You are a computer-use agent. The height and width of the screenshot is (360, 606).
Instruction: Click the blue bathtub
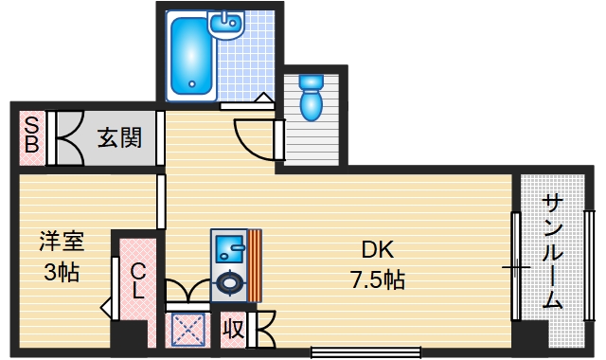pos(191,54)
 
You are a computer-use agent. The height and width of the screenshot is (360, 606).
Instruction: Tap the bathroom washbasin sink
pos(227,24)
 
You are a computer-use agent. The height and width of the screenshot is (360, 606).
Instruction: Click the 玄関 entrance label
pos(119,138)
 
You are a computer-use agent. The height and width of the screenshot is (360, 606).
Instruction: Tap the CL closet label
pos(137,279)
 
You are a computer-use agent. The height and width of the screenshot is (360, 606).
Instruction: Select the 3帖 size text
pos(62,274)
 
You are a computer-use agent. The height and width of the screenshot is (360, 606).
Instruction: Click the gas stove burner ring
pos(229,281)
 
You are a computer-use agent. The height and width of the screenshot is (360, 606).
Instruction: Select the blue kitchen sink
pos(228,250)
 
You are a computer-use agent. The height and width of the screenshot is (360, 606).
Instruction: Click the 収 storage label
pos(233,329)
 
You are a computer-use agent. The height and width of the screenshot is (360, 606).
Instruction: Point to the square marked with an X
pos(187,331)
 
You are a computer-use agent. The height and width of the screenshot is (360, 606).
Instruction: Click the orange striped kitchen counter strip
pos(254,264)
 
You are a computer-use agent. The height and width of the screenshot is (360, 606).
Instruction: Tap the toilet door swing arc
pos(248,142)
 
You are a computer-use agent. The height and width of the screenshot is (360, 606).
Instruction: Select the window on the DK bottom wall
pos(365,354)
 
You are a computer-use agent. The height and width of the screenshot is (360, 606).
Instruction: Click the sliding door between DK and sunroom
pos(516,266)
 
